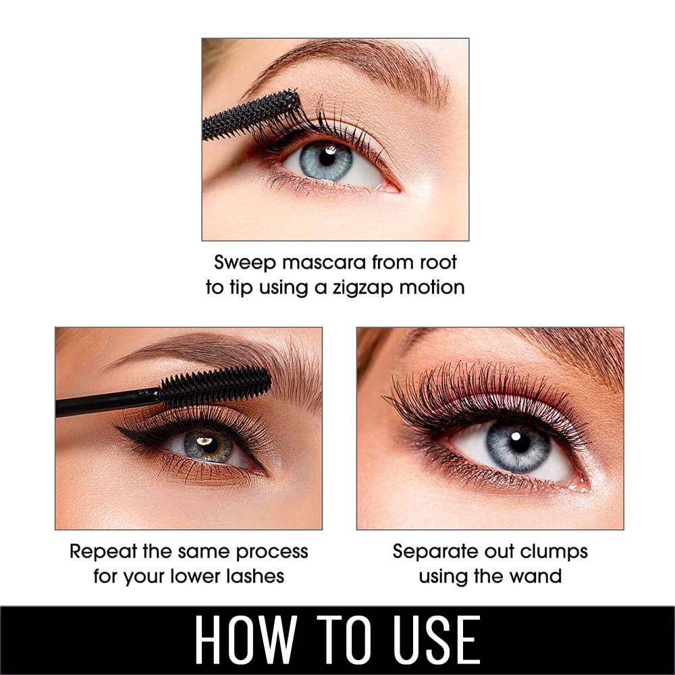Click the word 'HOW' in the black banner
click(x=246, y=639)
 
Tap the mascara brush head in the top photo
click(x=250, y=115)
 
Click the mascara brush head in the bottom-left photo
click(x=215, y=386)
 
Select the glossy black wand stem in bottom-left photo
click(x=107, y=402)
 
